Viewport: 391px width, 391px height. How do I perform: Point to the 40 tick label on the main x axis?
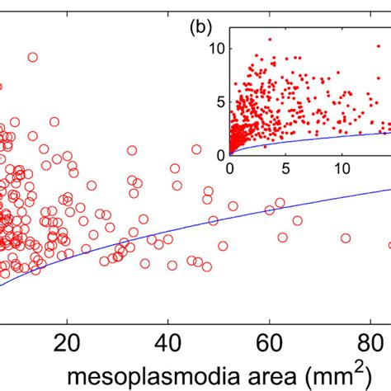click(168, 342)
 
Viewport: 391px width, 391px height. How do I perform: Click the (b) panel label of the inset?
click(201, 27)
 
